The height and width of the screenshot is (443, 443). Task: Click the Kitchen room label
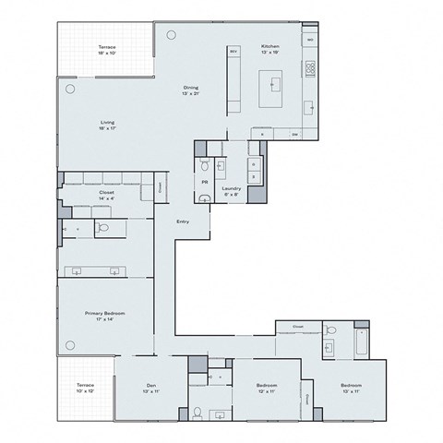(x=269, y=45)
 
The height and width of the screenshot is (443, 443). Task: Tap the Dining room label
(x=190, y=89)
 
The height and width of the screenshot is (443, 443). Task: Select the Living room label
(x=108, y=123)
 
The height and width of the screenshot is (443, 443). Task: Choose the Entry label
(x=184, y=221)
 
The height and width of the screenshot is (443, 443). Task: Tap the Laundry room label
(x=231, y=188)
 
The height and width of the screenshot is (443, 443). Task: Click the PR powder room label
(x=204, y=182)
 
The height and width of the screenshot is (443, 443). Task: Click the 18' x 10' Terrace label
(x=108, y=47)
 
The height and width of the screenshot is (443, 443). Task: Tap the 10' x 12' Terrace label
(x=85, y=386)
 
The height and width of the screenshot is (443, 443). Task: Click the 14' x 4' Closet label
(x=106, y=195)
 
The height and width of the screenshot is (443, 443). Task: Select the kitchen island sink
(x=275, y=83)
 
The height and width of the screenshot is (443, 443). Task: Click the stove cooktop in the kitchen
(x=310, y=67)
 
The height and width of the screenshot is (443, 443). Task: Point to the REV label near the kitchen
(x=233, y=51)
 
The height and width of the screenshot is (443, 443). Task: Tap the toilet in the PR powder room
(x=205, y=166)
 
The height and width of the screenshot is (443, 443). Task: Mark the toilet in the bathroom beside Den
(x=197, y=412)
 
